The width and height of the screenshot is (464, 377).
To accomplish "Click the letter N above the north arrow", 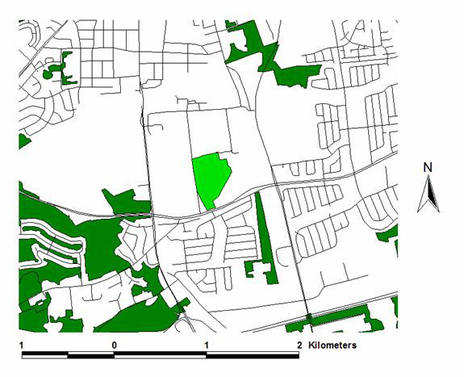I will (x=428, y=167).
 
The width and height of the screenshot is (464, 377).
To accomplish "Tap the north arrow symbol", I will (x=428, y=195).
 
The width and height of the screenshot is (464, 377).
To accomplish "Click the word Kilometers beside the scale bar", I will (x=332, y=345).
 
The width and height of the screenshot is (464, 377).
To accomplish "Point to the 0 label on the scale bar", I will (x=115, y=345).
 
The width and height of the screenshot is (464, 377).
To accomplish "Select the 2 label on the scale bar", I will (x=299, y=345).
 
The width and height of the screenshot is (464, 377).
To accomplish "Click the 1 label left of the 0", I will (x=22, y=345).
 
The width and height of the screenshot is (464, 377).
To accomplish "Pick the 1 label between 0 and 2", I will (x=207, y=345).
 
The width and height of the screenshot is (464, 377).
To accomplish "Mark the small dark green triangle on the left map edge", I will (x=23, y=142).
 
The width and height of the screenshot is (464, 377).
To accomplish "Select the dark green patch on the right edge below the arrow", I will (x=392, y=241).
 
